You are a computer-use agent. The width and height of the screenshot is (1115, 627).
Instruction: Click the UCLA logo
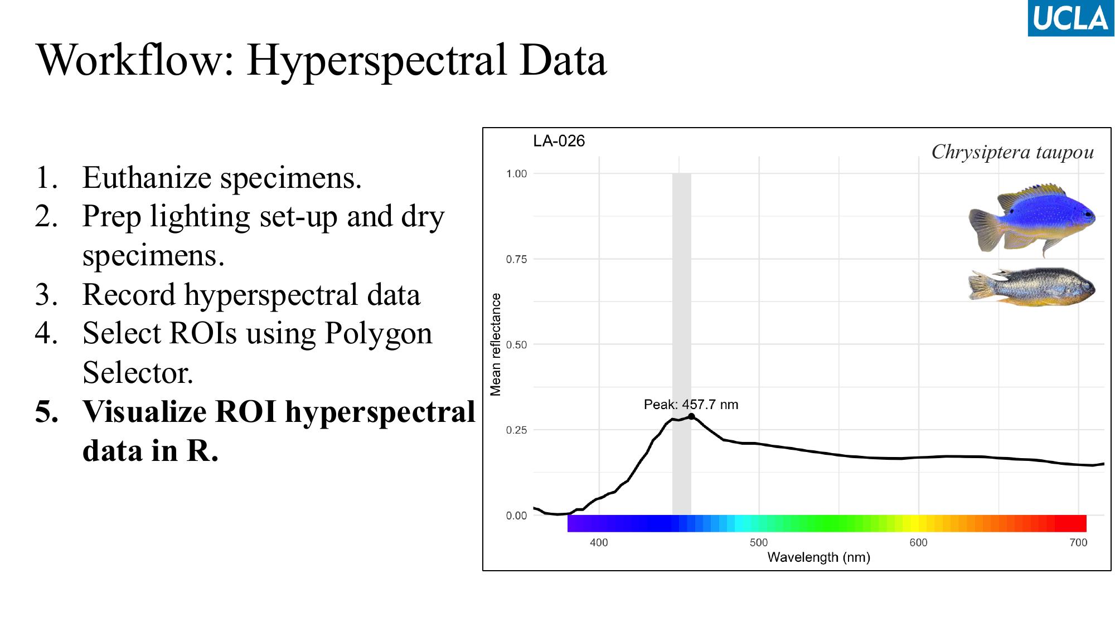click(x=1070, y=18)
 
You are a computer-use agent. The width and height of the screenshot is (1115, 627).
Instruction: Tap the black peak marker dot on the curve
click(x=691, y=416)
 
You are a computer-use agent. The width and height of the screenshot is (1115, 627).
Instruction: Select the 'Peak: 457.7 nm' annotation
click(x=691, y=405)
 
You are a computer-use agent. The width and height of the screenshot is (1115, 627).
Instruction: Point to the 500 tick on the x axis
click(x=759, y=542)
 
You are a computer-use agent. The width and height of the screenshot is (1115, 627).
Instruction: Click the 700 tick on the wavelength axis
click(x=1078, y=542)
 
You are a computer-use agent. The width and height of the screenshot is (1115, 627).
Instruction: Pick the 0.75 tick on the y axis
click(x=516, y=259)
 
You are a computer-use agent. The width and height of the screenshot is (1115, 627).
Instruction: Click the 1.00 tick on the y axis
click(x=516, y=174)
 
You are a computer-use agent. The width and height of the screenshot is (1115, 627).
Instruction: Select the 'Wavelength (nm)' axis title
click(x=818, y=557)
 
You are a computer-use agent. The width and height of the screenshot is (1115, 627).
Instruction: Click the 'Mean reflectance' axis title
click(x=496, y=344)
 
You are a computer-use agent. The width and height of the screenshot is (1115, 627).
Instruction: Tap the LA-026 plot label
click(x=559, y=141)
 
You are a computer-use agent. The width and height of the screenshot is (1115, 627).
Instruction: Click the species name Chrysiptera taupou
click(x=1012, y=152)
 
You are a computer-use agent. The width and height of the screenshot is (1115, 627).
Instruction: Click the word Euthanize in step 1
click(x=146, y=178)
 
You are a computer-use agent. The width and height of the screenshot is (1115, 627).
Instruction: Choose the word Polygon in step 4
click(x=378, y=333)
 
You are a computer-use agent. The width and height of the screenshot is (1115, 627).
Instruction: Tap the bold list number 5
click(x=47, y=412)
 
